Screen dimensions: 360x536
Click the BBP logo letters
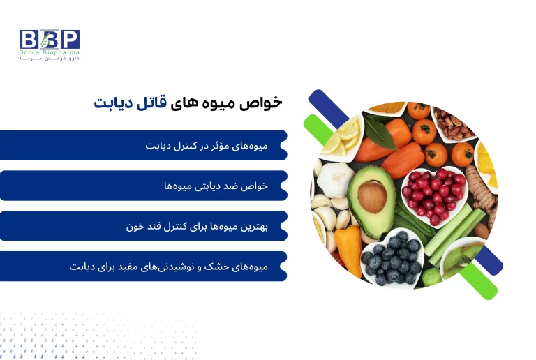[x=49, y=39]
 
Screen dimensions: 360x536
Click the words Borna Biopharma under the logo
[x=50, y=52]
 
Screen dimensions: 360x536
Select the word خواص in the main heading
[x=266, y=102]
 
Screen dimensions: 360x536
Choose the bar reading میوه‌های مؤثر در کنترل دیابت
[x=143, y=145]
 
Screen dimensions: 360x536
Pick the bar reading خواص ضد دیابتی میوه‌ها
[x=143, y=186]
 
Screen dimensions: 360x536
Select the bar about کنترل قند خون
[x=143, y=226]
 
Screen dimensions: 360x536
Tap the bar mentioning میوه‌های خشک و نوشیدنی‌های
[x=143, y=266]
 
